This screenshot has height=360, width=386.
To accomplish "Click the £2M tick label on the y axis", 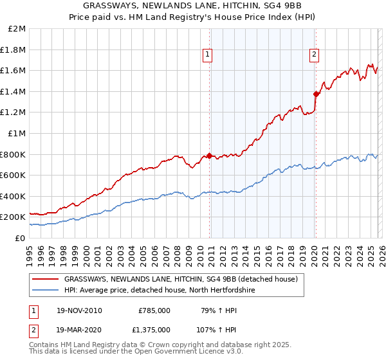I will [x=17, y=29].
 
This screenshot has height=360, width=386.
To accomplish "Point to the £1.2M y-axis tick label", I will [x=14, y=113].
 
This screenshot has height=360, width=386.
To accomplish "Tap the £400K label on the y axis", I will [x=14, y=196].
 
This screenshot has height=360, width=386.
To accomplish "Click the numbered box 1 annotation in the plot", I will [x=208, y=55].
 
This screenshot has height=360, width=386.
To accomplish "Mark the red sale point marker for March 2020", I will [x=316, y=94].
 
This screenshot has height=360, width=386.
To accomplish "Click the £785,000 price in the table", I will [x=154, y=310].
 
